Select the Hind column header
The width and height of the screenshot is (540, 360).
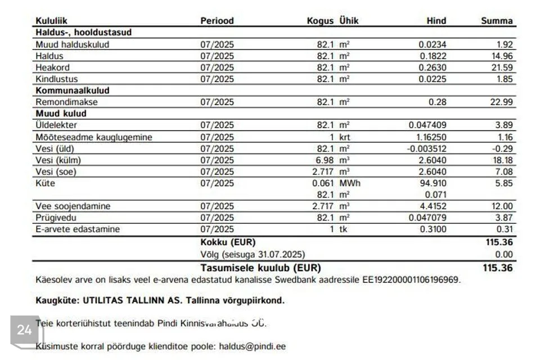tap(436, 21)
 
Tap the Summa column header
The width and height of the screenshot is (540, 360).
tap(497, 21)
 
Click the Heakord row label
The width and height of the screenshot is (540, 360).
tap(52, 67)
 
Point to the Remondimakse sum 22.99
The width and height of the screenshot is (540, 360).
tap(501, 102)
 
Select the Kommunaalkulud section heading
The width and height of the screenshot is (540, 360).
tap(72, 91)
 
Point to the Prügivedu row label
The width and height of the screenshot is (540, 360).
tap(56, 218)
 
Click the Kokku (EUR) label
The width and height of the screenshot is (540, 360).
tap(227, 242)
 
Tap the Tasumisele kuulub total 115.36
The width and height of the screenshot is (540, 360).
tap(497, 268)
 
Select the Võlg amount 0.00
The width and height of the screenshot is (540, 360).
tap(504, 254)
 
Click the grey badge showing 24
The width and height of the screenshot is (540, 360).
tap(24, 330)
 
